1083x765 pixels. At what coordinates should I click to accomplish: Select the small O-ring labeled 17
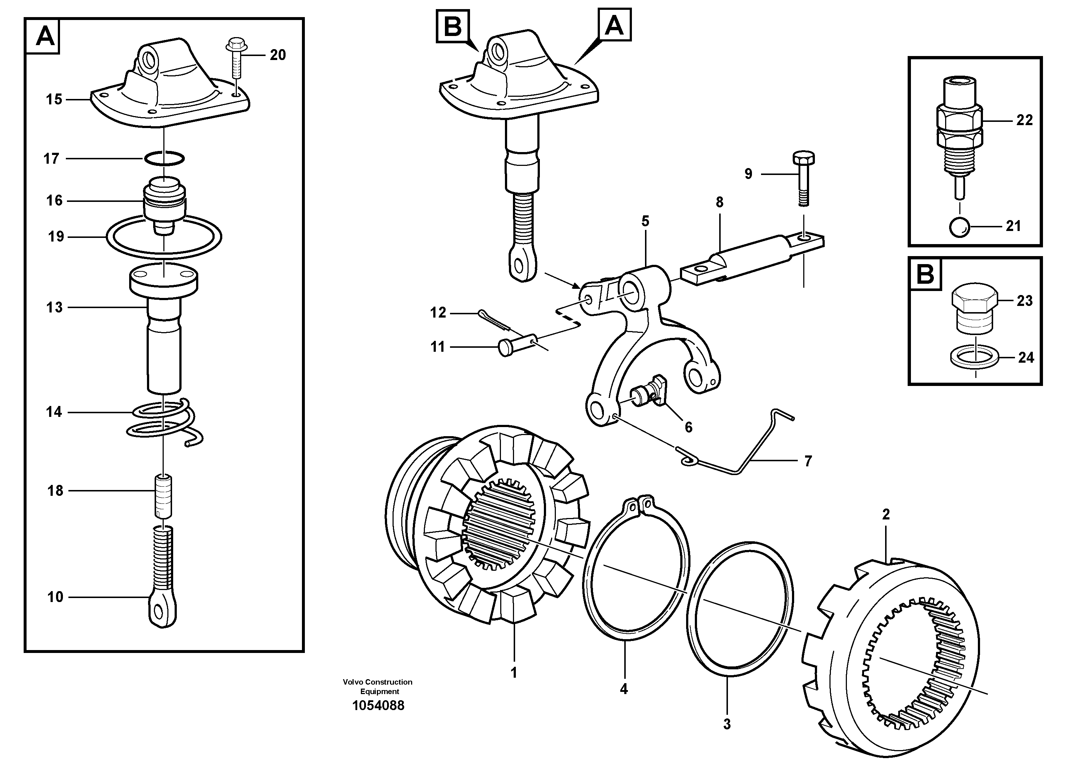click(164, 159)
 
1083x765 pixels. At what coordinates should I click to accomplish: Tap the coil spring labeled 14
click(165, 419)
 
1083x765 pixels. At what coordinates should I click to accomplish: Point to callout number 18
click(55, 491)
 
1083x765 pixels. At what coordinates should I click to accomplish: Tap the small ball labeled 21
click(959, 227)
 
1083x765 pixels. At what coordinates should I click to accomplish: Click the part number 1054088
click(378, 706)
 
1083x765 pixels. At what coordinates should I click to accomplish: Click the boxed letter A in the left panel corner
click(45, 36)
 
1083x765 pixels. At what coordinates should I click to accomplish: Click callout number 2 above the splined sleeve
click(886, 515)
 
